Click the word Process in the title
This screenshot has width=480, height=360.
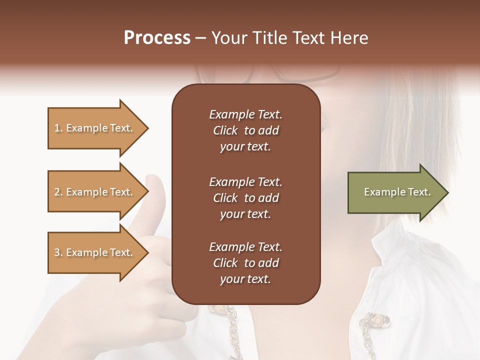[x=157, y=38]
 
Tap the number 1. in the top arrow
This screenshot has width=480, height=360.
[x=58, y=128]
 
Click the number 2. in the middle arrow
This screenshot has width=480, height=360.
[x=58, y=192]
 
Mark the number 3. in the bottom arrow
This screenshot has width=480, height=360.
[x=58, y=252]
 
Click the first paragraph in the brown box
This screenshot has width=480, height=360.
[x=245, y=130]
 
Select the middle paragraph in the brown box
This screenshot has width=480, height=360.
[x=245, y=197]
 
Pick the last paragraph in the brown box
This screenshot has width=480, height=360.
[x=245, y=263]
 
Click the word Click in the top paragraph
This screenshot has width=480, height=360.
[x=225, y=130]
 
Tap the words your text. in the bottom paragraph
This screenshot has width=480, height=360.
[x=245, y=279]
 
